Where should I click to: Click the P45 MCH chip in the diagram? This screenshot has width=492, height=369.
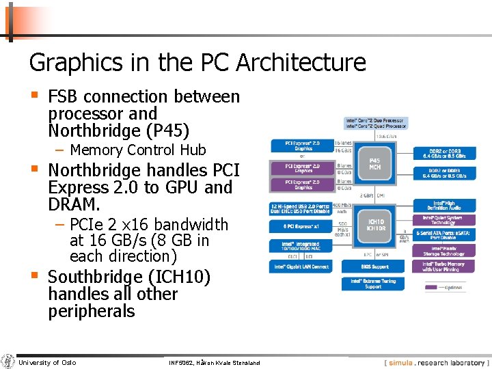[x=374, y=163]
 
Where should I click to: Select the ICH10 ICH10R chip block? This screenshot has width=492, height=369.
[x=376, y=225]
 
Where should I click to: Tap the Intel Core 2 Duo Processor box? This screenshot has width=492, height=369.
[x=375, y=123]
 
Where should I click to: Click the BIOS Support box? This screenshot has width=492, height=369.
[x=375, y=266]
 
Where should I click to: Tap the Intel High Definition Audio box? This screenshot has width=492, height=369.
[x=444, y=205]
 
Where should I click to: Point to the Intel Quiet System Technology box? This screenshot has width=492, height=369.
[x=444, y=220]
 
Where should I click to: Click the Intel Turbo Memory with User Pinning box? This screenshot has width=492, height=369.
[x=444, y=266]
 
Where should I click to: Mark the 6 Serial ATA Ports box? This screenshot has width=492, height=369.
[x=444, y=235]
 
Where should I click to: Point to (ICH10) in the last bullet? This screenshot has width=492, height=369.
[x=182, y=277]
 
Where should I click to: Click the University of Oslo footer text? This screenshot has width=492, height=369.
[x=47, y=362]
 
